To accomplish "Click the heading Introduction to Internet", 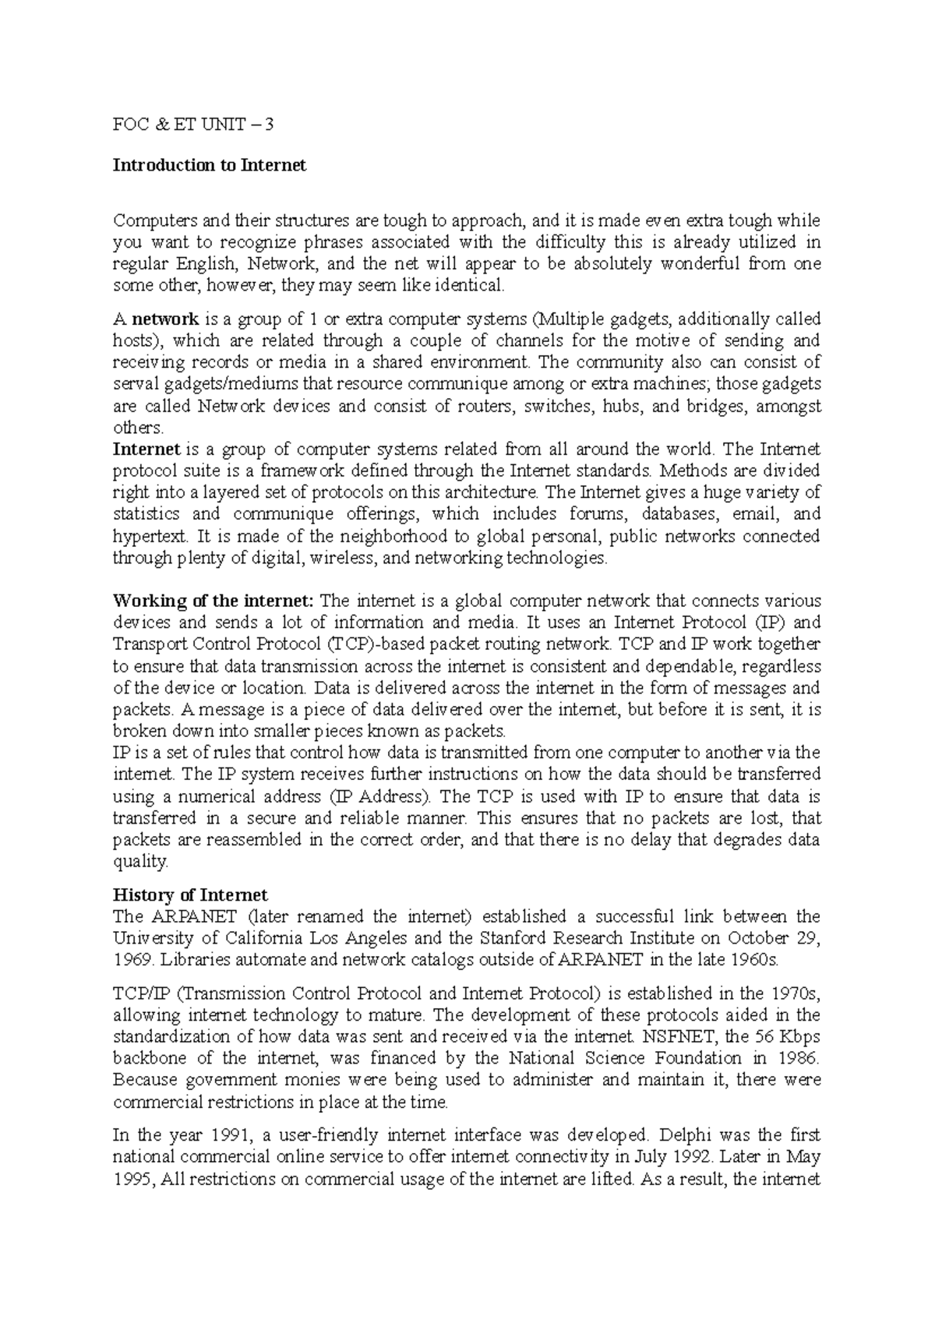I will (210, 165).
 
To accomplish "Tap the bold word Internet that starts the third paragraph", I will (146, 449).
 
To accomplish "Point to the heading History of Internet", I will (190, 894).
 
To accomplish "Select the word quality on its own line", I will (139, 862).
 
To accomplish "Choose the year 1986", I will (797, 1059).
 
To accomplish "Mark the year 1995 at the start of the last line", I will (129, 1179).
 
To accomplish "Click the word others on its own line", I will (138, 428).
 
